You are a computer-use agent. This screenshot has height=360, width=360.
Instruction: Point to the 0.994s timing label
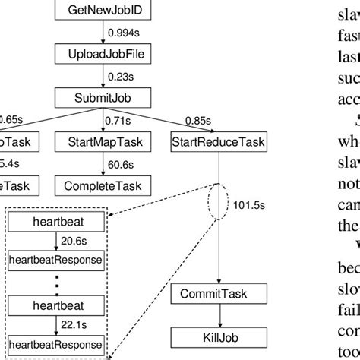tap(123, 33)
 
